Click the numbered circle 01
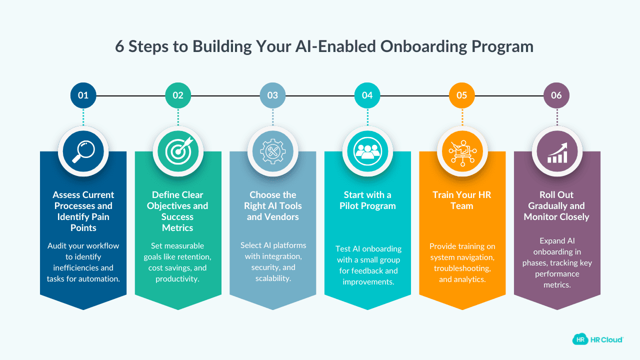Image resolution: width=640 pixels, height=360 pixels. coord(83,95)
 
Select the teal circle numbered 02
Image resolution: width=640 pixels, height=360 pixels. coord(178,95)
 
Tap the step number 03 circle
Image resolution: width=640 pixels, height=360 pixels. coord(272,95)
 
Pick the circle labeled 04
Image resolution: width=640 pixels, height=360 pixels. coord(367,95)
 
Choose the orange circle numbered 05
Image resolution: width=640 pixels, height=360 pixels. coord(462,95)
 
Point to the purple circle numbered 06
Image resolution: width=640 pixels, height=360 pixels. coord(556,95)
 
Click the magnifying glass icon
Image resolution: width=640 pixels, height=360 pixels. coord(83,151)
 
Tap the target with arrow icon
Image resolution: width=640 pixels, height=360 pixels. coord(178,151)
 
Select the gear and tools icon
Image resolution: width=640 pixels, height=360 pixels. coord(272,151)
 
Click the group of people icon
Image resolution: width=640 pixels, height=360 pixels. coord(367,151)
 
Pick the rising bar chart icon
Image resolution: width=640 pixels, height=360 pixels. coord(556,151)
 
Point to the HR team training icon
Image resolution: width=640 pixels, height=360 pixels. coord(462,151)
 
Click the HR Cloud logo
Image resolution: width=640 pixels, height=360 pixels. coord(597,339)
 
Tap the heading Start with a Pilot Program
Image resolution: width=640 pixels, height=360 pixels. coord(367,200)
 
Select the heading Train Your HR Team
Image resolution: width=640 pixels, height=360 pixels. coord(462,200)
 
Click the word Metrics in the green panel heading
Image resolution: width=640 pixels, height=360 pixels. coord(177,228)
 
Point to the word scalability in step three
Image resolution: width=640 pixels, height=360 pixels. coord(272,278)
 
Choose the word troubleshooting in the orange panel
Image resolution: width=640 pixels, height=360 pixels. coord(462,267)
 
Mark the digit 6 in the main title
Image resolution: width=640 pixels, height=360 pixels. coord(120,46)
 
